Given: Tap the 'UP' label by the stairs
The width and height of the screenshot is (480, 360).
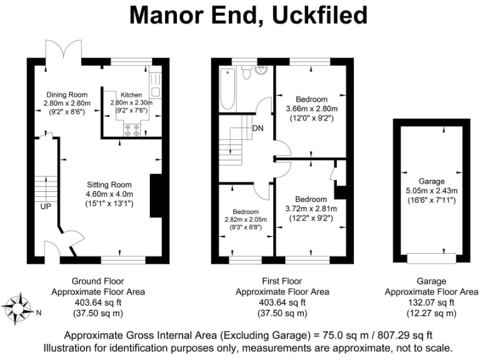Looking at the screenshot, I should (46, 206).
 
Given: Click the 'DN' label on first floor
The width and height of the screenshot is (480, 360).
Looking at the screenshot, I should (257, 129).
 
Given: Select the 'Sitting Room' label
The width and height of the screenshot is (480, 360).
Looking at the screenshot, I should (109, 184).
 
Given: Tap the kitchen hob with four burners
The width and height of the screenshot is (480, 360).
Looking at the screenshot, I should (132, 130).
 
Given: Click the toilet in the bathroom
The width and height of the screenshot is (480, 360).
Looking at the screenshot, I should (247, 73).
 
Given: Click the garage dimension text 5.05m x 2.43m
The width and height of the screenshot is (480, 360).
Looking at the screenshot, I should (428, 191).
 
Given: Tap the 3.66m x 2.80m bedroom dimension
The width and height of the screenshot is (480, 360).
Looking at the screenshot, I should (311, 108).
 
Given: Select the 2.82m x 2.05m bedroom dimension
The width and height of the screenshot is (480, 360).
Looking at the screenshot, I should (246, 219).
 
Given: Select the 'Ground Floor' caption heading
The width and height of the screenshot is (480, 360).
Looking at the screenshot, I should (97, 282).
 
